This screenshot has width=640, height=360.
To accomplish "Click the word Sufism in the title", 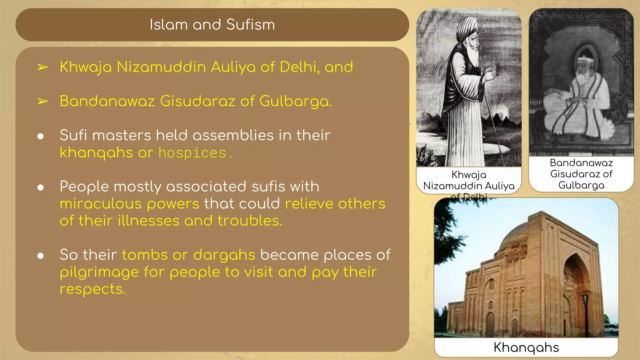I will (x=250, y=25).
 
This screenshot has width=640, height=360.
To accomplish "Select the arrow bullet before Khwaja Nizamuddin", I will (x=43, y=67).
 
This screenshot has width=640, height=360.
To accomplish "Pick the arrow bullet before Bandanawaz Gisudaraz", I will (x=43, y=102).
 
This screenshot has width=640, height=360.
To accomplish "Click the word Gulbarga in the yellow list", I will (x=295, y=102).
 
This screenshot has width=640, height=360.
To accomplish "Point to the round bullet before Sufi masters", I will (x=40, y=136).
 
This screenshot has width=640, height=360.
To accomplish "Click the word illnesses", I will (x=148, y=221).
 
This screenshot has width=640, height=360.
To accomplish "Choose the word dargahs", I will (x=224, y=255).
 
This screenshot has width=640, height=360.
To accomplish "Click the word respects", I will (x=92, y=289).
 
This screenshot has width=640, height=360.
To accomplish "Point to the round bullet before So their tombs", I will (x=40, y=256).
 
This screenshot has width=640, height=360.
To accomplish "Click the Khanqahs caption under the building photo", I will (x=526, y=347).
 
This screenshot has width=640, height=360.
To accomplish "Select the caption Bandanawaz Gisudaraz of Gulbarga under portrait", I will (x=581, y=174).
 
